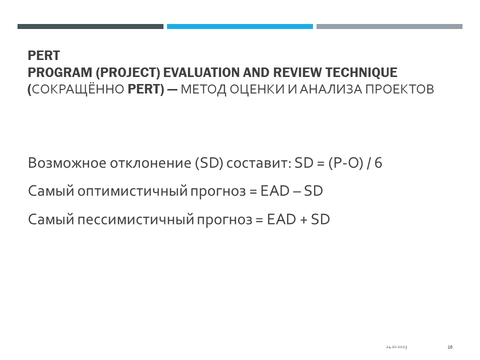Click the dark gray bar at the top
point(90,26)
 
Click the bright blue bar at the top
point(239,26)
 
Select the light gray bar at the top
point(389,26)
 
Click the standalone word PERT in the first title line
point(44,55)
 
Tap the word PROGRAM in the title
point(60,72)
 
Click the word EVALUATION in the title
point(201,72)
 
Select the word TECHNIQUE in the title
point(361,73)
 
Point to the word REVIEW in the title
point(297,72)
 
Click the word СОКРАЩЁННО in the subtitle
point(78,89)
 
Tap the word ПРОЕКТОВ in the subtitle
point(400,89)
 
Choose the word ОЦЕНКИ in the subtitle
point(257,89)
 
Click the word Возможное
point(67,163)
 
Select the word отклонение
point(150,163)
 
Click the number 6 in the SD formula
point(378,163)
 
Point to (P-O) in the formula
point(345,163)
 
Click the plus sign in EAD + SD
point(303,220)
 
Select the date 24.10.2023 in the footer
point(396,347)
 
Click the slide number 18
point(450,347)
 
